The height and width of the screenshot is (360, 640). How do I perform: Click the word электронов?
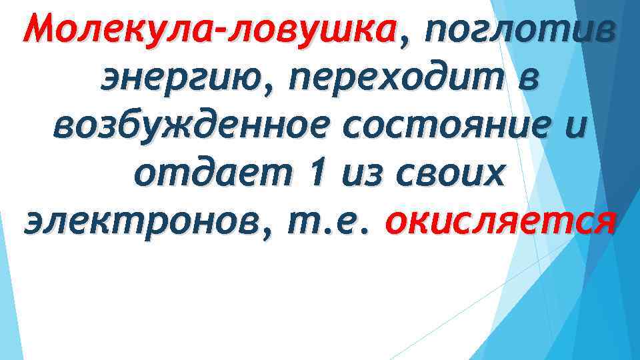coord(139,221)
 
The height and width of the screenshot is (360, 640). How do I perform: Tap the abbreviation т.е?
coord(331,221)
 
